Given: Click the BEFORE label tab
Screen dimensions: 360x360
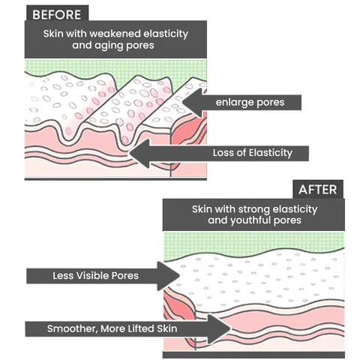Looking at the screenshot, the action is point(57,13).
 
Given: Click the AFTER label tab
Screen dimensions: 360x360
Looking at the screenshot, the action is point(318,190).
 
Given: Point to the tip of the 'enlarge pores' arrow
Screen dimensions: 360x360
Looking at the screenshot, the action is point(183,102).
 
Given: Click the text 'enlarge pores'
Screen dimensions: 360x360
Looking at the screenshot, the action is point(250,102).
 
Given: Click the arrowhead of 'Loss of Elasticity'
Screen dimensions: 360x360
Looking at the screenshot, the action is point(139,153).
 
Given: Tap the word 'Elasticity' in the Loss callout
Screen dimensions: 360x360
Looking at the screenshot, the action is point(271,153).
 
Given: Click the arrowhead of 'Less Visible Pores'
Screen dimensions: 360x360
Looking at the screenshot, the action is point(169,276).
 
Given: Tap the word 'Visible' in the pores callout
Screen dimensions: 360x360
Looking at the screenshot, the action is point(92,276).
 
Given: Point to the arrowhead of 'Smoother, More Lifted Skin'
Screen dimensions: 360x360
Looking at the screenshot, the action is point(219,329).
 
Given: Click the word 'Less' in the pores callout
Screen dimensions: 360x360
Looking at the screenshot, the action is point(63,276).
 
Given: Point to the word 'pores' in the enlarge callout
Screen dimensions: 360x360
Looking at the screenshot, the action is point(271,103).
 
